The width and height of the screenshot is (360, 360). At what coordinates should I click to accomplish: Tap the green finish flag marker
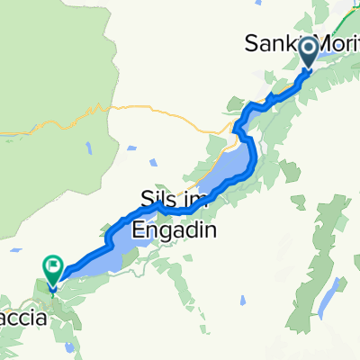click(53, 267)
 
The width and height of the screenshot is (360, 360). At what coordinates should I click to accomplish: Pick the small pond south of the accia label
click(68, 347)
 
